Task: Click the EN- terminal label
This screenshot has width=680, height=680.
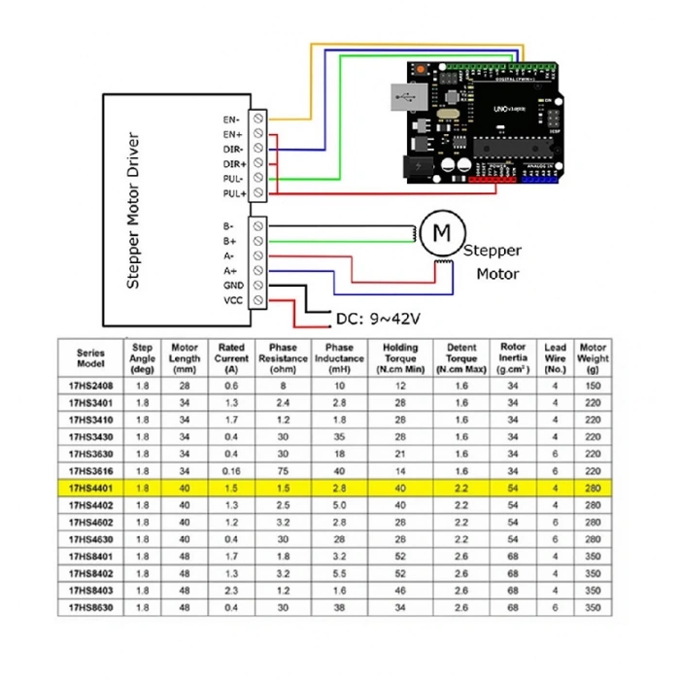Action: [232, 118]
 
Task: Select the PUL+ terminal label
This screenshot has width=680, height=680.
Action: [232, 194]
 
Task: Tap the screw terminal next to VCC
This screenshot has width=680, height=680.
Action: [258, 301]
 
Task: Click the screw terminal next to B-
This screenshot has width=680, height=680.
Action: [258, 224]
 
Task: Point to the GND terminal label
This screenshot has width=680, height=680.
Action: [233, 286]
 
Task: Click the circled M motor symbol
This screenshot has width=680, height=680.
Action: [442, 233]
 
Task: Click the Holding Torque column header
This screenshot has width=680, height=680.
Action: [400, 358]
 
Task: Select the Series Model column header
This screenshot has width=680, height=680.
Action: [90, 358]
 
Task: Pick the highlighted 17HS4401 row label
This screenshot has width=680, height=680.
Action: [90, 488]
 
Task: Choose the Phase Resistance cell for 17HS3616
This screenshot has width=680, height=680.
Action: [283, 470]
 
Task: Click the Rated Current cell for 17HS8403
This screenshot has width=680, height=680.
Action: [230, 591]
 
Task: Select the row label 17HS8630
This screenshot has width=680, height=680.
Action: [90, 608]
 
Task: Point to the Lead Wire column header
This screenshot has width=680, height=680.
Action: [555, 358]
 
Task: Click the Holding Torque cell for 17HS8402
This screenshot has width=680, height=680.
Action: [400, 573]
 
